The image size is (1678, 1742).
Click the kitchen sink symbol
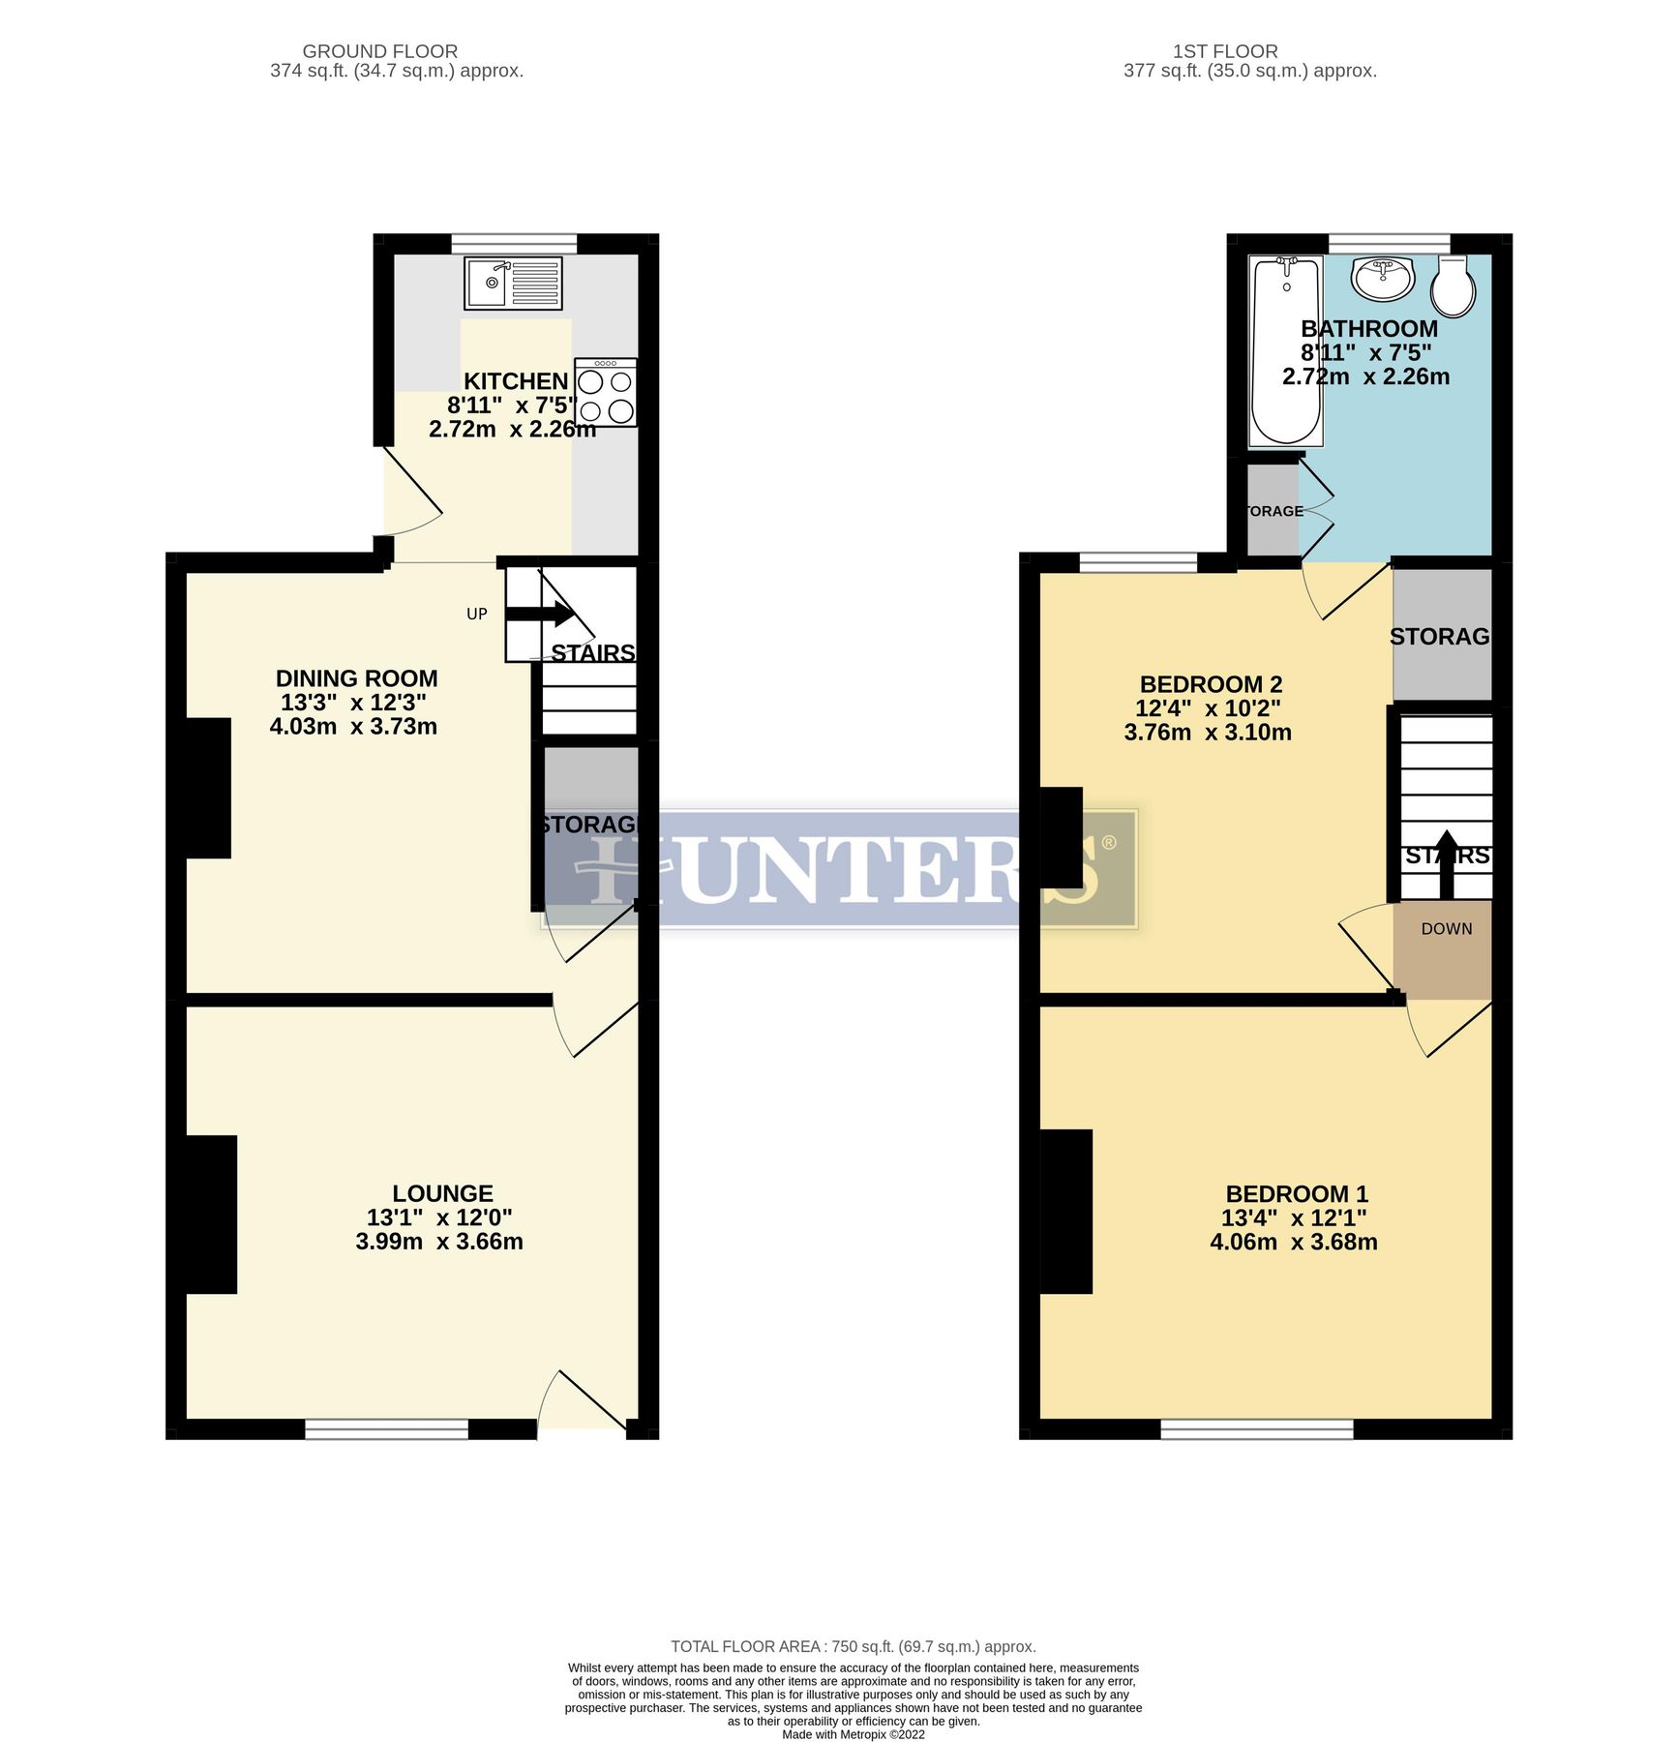pos(512,283)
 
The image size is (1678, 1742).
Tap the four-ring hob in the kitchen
pos(606,393)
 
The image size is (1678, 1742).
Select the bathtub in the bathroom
pos(1285,352)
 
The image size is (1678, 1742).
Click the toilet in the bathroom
pos(1453,285)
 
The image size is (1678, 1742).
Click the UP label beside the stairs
pos(477,615)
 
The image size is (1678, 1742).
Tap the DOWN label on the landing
pos(1447,929)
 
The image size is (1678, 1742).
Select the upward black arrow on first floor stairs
pos(1447,863)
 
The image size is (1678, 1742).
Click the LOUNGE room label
pos(442,1194)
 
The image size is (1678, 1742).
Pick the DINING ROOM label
pos(356,678)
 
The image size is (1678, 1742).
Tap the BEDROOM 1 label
pos(1297,1194)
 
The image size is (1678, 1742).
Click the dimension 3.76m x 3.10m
pos(1208,733)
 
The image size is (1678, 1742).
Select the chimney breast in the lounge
pos(211,1215)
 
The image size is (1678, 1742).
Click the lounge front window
pos(387,1428)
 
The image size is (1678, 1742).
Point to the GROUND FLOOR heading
pos(379,51)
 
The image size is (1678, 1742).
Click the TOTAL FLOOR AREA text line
pos(853,1646)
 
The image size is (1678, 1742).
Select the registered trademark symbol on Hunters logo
pos(1109,843)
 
